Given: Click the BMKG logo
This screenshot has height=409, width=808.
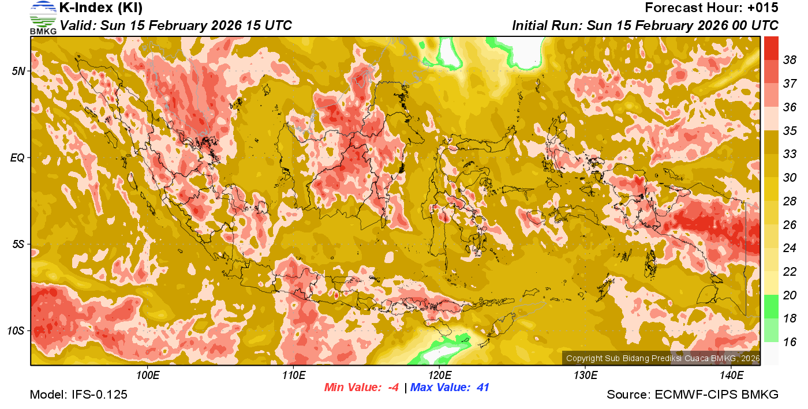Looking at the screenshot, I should tap(43, 18).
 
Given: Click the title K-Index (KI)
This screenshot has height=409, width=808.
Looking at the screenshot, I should tap(101, 8).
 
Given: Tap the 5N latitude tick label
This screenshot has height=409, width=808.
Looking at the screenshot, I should tap(18, 71).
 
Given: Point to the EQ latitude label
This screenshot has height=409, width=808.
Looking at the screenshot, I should tap(18, 157).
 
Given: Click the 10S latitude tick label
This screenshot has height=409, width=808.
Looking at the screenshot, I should tap(16, 331).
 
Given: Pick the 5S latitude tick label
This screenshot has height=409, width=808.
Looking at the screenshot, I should tap(18, 245).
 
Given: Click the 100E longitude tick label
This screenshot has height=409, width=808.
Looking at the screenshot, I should tap(148, 375).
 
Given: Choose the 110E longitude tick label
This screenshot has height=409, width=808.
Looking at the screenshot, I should tap(294, 375).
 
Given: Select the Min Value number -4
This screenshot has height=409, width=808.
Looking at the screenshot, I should tap(392, 388).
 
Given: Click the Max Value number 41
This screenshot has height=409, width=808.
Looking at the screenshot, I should tap(482, 388).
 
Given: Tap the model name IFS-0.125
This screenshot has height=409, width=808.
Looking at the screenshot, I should tap(99, 395).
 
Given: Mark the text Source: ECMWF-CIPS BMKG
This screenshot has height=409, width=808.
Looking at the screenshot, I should tap(693, 395).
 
